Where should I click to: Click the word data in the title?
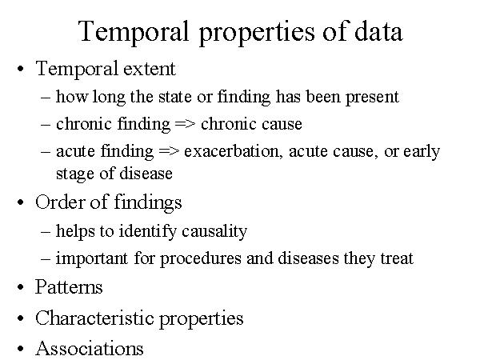[x=378, y=31]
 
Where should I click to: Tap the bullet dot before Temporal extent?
[x=21, y=69]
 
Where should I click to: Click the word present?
[x=372, y=98]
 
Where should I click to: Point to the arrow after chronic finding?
[x=185, y=124]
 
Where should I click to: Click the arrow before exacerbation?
[x=169, y=151]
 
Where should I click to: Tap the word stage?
[x=74, y=174]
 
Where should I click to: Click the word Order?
[x=59, y=202]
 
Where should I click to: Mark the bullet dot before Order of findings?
[x=21, y=202]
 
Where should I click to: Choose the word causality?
[x=214, y=232]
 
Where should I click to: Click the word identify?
[x=147, y=232]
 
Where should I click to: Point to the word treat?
[x=397, y=258]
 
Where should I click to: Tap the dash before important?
[x=46, y=258]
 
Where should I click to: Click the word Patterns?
[x=69, y=287]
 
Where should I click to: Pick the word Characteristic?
[x=94, y=318]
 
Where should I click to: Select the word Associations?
[x=90, y=348]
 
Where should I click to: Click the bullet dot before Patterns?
[x=21, y=287]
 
